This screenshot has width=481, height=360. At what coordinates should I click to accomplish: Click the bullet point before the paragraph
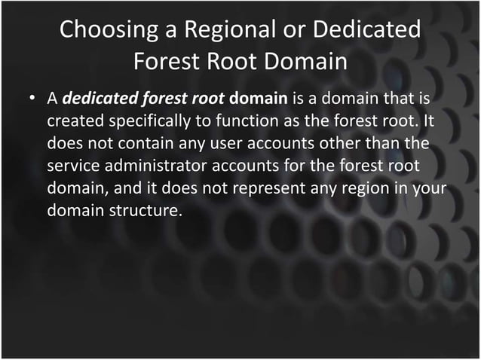pos(32,99)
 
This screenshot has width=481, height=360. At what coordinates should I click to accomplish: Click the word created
pos(73,121)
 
